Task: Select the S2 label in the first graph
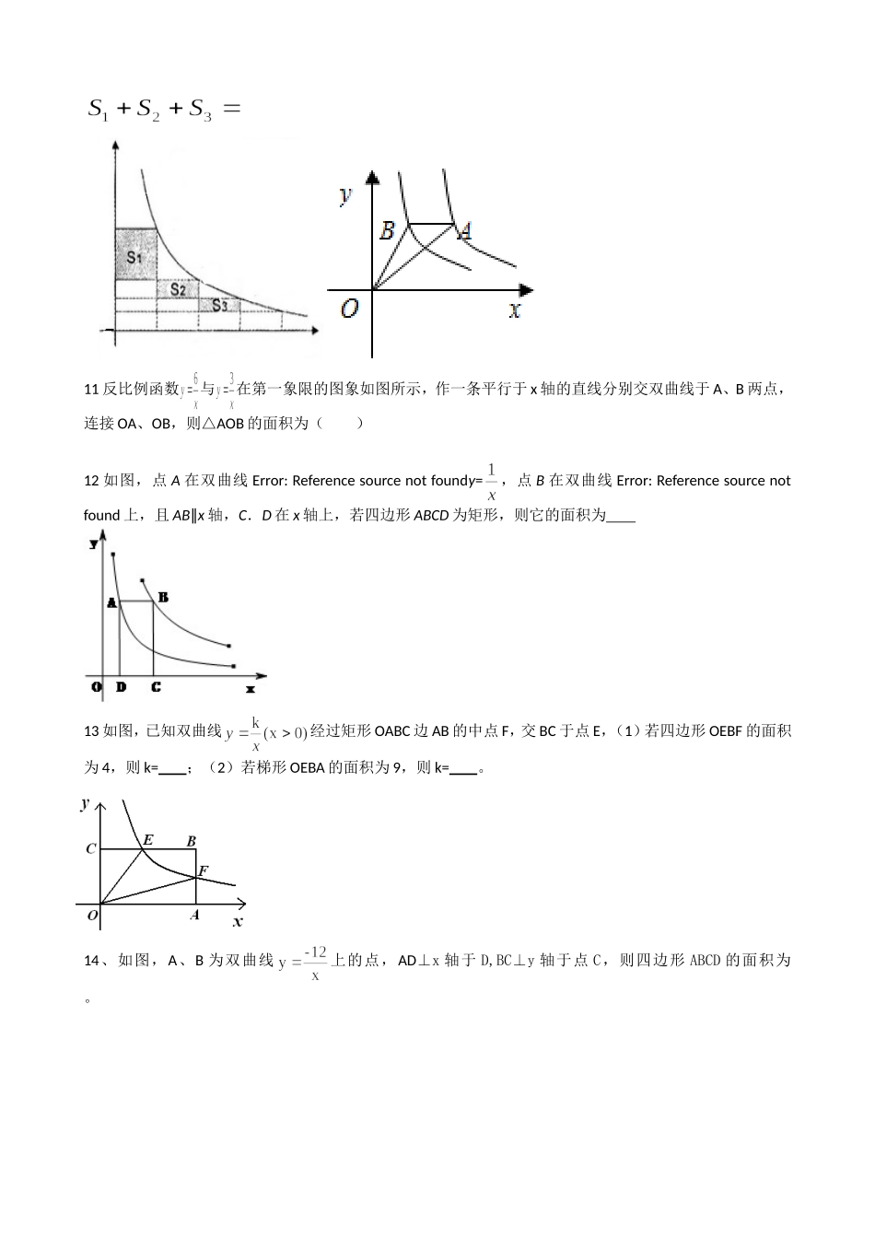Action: pos(178,290)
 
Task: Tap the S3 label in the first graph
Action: pos(220,306)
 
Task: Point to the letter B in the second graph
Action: pos(388,230)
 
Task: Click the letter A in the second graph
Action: pos(465,230)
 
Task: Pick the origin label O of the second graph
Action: pos(349,309)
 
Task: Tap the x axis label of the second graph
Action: pos(515,309)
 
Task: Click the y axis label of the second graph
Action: pos(345,194)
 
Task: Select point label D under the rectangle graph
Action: pos(121,687)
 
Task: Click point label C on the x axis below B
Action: pos(156,687)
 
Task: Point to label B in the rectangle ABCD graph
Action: pos(163,597)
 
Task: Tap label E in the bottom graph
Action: pos(147,839)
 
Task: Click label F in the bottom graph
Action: pos(204,870)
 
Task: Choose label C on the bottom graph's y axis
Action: pos(91,848)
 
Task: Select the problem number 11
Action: pos(91,389)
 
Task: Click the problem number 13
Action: pos(91,731)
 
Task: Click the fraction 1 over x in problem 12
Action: pos(492,481)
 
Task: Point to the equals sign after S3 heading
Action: pos(232,109)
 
